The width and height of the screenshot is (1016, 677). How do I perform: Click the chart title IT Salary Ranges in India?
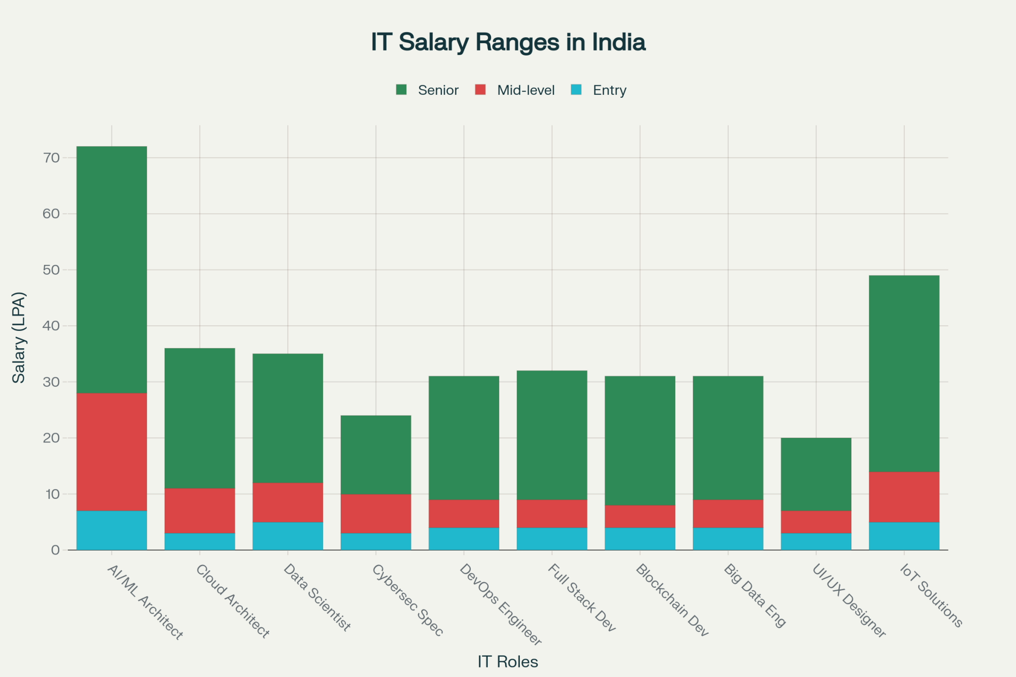point(508,42)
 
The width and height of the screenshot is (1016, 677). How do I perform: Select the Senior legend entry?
point(438,90)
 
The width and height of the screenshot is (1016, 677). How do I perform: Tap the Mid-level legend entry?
point(525,90)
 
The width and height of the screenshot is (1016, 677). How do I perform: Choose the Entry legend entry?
point(609,90)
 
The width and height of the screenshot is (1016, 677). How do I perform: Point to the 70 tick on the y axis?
point(51,158)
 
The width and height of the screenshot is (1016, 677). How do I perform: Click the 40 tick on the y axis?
point(51,326)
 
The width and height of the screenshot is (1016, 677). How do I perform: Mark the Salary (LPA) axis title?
point(19,337)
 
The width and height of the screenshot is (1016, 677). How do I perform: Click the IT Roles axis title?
point(508,662)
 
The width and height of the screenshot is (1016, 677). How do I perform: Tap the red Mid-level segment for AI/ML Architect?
point(112,452)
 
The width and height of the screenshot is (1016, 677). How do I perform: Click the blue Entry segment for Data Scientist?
point(288,536)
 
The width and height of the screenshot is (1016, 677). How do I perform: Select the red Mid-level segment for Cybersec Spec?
point(376,513)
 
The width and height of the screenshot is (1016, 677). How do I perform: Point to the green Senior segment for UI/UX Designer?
point(816,474)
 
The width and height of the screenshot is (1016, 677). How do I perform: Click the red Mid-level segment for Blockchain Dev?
point(640,516)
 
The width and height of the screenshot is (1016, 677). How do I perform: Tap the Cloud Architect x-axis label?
point(233,601)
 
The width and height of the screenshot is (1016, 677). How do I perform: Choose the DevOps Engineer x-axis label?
point(500,604)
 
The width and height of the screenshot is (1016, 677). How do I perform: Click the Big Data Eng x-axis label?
point(755,595)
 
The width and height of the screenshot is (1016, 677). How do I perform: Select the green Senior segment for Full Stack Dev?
point(552,435)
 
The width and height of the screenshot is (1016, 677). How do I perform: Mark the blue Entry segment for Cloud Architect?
point(199,542)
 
